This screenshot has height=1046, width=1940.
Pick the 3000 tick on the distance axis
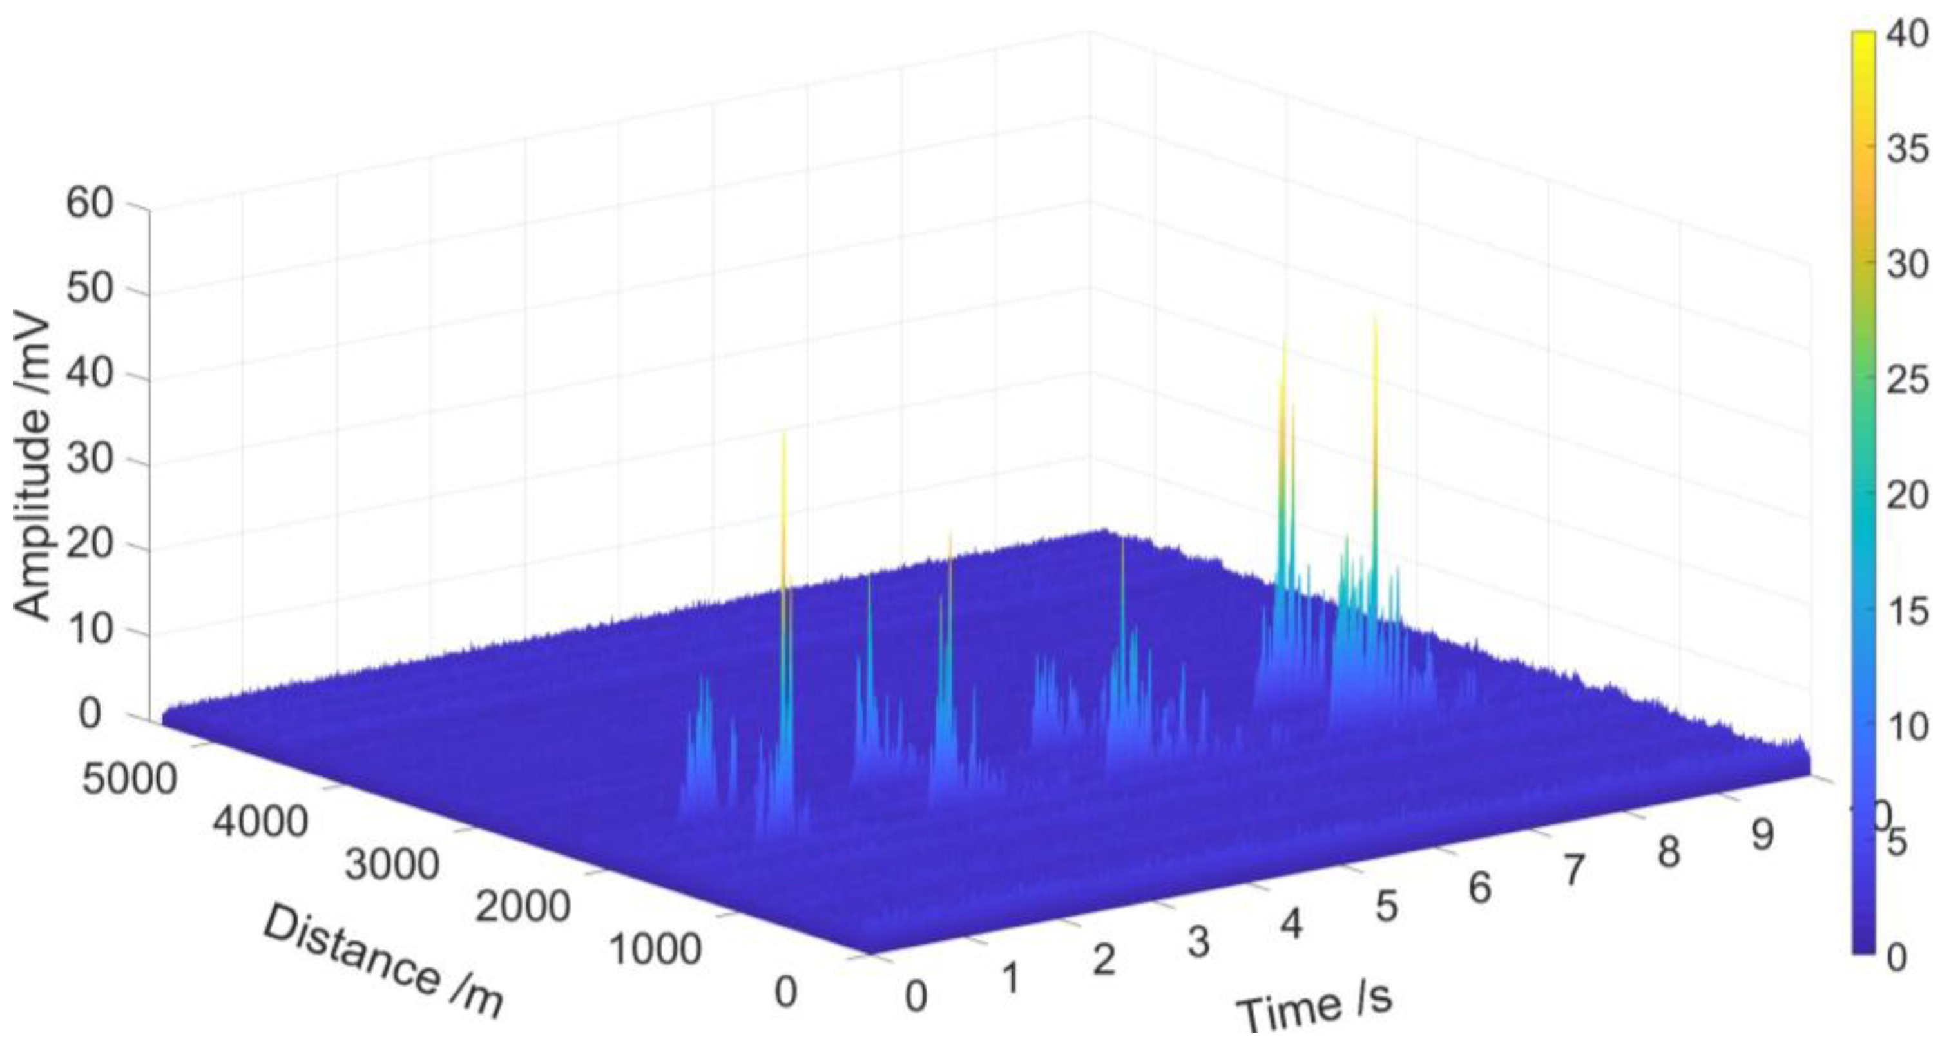[x=392, y=864]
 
